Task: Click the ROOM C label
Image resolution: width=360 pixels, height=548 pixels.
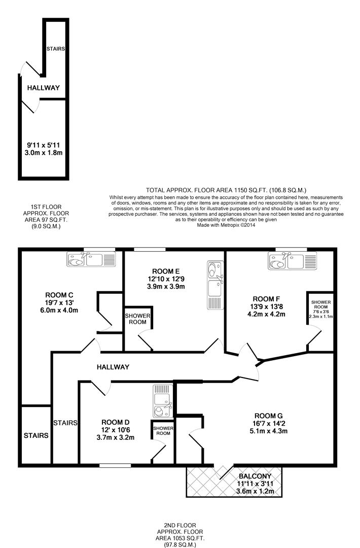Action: [60, 295]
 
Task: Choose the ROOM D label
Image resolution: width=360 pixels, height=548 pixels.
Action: [116, 422]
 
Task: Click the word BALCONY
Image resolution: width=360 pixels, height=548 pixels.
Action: [256, 476]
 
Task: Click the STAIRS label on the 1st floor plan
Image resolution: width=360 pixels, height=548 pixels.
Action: [55, 49]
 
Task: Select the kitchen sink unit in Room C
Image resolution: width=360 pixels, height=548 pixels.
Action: [91, 259]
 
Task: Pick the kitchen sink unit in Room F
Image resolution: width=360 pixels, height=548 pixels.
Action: [292, 261]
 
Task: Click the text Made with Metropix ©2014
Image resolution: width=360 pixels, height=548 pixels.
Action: [226, 225]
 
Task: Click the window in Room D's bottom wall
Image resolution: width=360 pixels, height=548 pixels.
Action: [115, 465]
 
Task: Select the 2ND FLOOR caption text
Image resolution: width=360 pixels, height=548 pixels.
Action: [180, 525]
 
